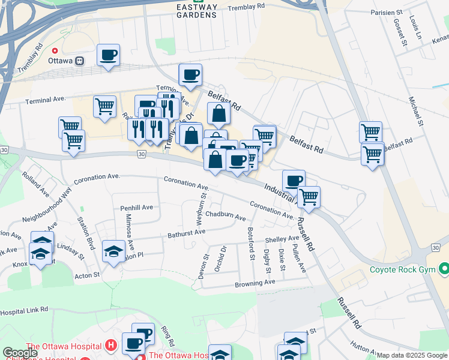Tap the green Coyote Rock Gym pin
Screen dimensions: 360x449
(x=444, y=268)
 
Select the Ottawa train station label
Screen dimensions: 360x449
(x=73, y=61)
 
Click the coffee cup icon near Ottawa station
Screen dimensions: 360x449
(x=109, y=56)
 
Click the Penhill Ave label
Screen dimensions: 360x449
(x=136, y=207)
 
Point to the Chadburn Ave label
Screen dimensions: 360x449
(x=225, y=215)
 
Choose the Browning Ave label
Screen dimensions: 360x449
(x=255, y=282)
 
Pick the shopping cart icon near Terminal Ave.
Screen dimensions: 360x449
(x=105, y=106)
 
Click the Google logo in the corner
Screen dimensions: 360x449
(x=20, y=353)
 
